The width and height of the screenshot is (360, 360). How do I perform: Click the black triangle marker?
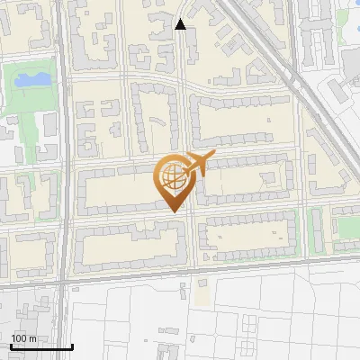pos(181,24)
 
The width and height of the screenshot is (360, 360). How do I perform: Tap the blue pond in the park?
pos(32,80)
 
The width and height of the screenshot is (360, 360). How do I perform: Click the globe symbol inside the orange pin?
pos(174,179)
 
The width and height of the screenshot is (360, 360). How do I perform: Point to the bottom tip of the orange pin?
pos(174,211)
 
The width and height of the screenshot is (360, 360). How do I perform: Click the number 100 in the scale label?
pos(19,338)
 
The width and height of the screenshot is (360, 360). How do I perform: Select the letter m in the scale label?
pos(31,338)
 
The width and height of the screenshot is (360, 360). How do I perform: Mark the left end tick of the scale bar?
pos(10,346)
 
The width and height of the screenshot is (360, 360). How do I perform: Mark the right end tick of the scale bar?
pos(72,346)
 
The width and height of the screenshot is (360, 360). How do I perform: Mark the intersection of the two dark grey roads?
pos(63,282)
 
